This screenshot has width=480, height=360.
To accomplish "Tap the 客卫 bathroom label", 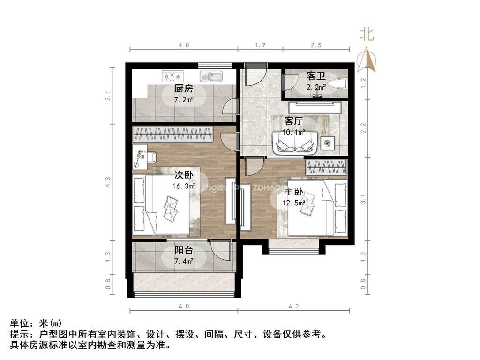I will coord(316,76).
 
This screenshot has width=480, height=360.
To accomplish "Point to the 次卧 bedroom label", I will coord(184,175).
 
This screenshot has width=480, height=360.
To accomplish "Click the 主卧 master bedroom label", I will coord(293,193).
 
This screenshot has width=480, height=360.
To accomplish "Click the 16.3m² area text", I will coord(184,186).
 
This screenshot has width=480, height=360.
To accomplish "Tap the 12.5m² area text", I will coord(293,203).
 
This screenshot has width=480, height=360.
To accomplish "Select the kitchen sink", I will coord(212,76).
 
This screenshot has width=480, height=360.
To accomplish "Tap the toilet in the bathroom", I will coord(337,84).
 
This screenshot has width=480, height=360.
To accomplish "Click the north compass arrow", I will coord(367,60).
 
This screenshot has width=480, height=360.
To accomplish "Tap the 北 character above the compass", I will coord(367,34).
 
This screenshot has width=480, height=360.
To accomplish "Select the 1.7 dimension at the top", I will coord(261,45).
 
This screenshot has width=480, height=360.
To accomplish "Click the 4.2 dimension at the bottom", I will coord(293,306).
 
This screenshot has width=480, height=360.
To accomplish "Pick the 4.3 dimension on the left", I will coord(108,181).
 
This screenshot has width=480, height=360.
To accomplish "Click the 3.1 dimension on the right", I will coord(363,199).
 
